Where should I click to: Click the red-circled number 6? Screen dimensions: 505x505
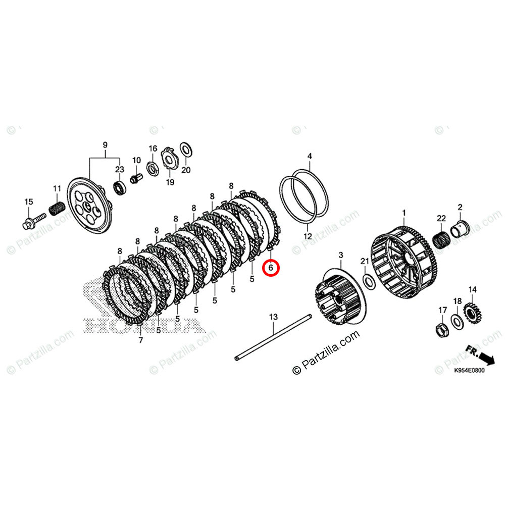(271, 268)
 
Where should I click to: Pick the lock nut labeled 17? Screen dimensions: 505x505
(441, 330)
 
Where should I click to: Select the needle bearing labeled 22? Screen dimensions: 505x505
(443, 238)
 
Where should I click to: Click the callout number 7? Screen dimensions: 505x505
(140, 340)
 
